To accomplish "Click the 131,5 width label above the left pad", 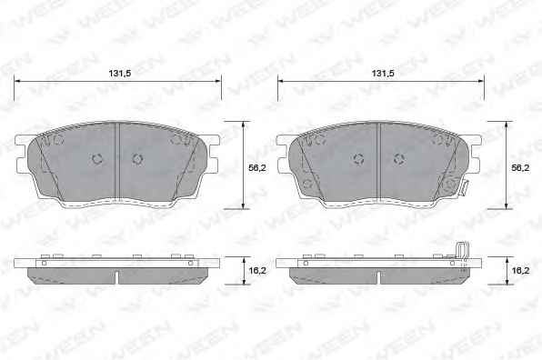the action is click(x=120, y=74).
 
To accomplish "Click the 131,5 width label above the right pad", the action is click(x=382, y=74).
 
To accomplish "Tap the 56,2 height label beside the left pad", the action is click(x=257, y=168).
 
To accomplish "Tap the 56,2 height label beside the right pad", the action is click(x=520, y=168).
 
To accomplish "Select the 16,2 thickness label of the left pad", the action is click(x=257, y=270).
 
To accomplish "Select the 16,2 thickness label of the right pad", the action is click(x=520, y=270).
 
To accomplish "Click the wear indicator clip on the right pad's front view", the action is click(x=464, y=188).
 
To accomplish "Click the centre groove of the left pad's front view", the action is click(x=116, y=161).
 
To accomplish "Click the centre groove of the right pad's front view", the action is click(x=378, y=161).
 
